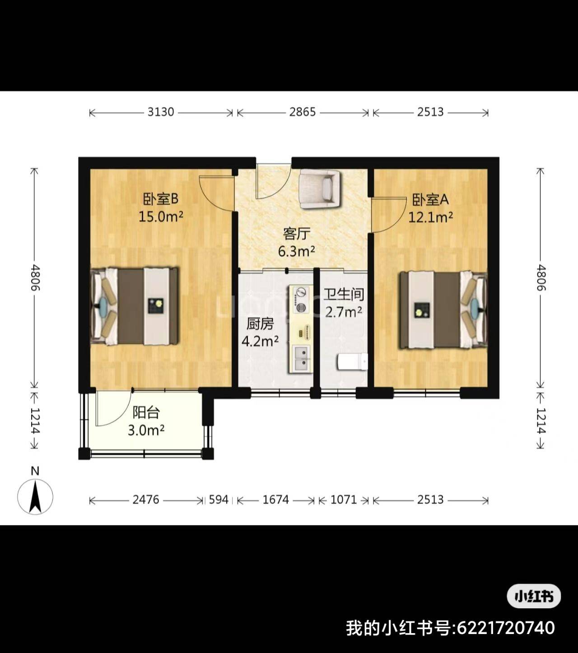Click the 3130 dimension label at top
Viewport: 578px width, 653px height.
161,112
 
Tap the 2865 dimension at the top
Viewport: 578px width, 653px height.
302,112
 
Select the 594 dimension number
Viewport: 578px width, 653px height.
219,500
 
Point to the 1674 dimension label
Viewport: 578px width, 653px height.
275,500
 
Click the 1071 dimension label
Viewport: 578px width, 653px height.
344,500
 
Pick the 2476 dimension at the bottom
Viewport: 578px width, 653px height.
146,500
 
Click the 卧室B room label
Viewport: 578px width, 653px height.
160,199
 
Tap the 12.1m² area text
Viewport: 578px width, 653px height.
430,217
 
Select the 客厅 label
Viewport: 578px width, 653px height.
296,234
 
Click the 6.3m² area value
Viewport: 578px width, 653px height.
296,251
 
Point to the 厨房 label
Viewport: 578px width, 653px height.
260,324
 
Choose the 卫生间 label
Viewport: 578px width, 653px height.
344,294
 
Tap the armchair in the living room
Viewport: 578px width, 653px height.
319,189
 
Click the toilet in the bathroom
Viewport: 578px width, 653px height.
352,362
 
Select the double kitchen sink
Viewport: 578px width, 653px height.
302,358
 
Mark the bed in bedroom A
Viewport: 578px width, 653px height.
443,310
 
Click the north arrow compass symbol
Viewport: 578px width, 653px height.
35,496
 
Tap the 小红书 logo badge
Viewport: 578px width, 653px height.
534,596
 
